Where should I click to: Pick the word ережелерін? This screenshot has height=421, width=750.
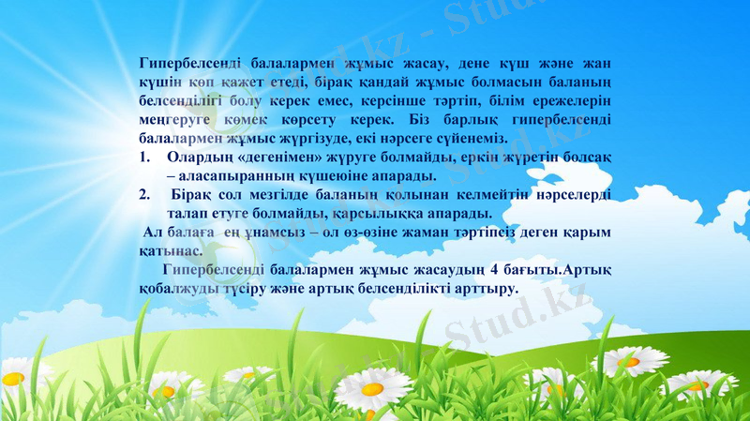[x=571, y=102]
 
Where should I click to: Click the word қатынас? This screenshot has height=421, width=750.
[x=169, y=250]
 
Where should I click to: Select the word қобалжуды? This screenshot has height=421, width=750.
[x=178, y=289]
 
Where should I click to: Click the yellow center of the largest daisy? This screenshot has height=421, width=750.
[x=372, y=386]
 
